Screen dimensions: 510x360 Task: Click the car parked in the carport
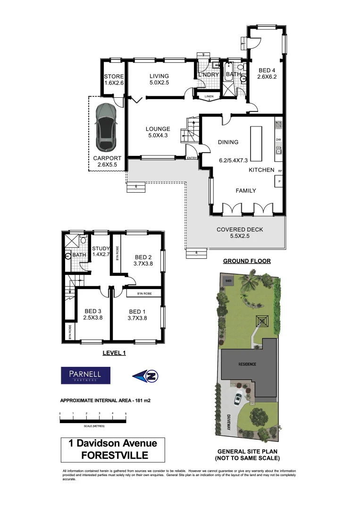(x=106, y=126)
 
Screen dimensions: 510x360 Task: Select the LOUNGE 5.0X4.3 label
(x=158, y=132)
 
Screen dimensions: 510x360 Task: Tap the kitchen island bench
(x=256, y=144)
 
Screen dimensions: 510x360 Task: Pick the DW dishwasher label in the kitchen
(x=278, y=140)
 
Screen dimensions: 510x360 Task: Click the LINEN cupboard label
(x=209, y=97)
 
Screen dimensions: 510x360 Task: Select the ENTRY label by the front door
(x=192, y=158)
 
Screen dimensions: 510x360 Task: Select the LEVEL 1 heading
(x=115, y=352)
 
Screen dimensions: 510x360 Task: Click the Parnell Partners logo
(x=85, y=375)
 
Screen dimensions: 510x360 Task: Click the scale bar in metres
(x=92, y=418)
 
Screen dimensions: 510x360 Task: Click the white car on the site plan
(x=238, y=398)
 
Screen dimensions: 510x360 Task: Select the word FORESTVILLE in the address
(x=115, y=455)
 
